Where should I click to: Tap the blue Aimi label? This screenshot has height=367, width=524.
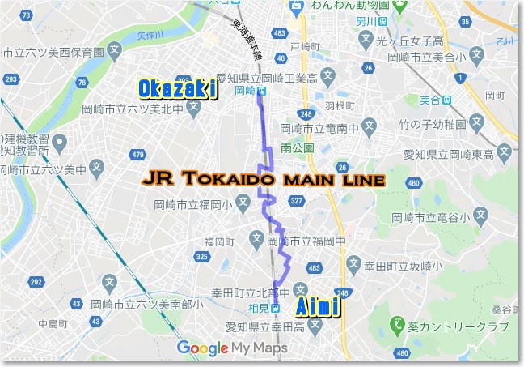316,307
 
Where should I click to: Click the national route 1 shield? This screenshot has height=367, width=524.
461,77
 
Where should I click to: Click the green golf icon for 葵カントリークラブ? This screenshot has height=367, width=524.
396,326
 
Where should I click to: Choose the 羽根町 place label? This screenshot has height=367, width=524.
340,105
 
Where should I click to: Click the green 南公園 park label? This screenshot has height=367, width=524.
296,149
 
